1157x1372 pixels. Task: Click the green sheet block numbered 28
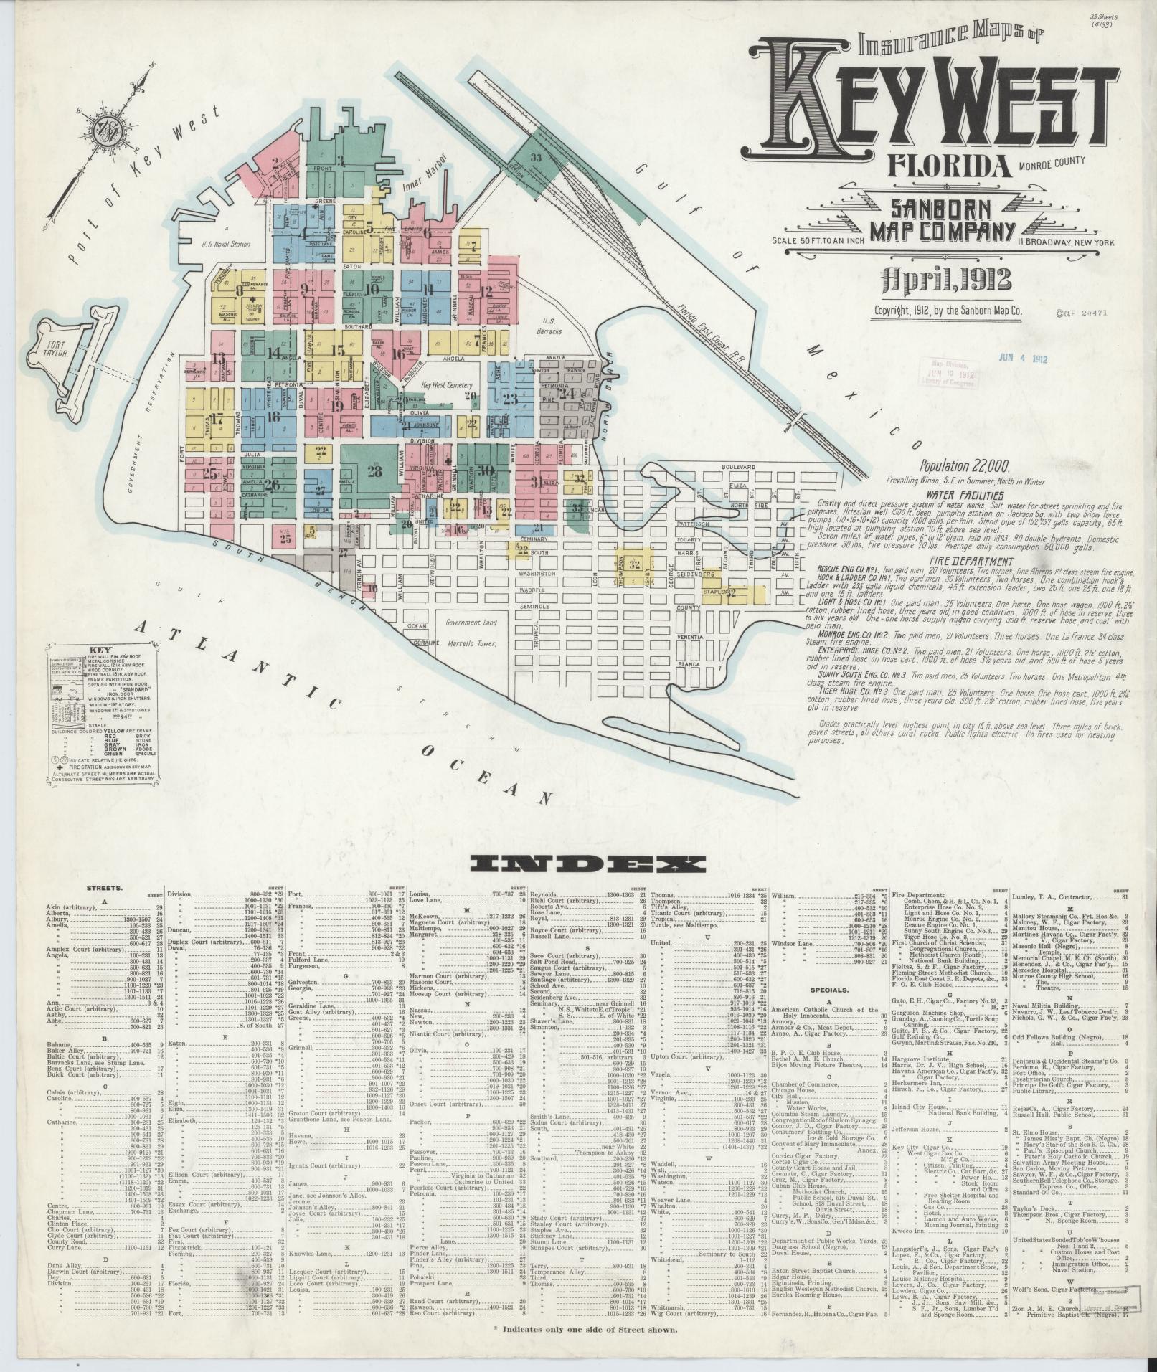tap(374, 471)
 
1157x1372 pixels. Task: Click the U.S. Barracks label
tap(553, 326)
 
